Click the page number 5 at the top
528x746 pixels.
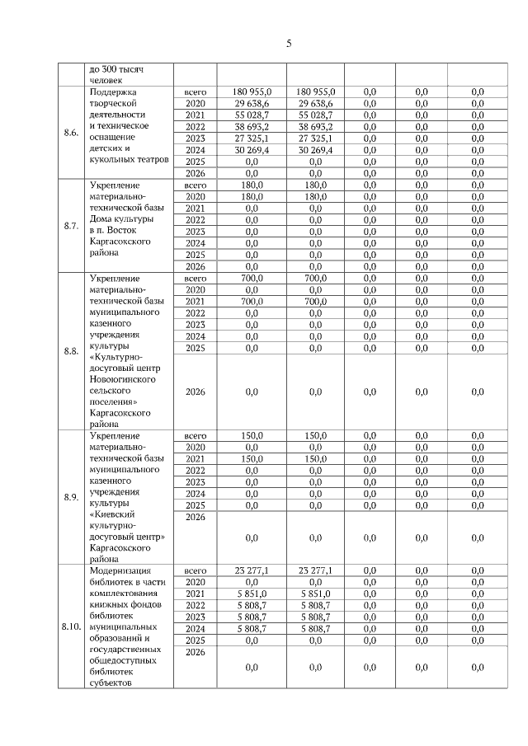(289, 44)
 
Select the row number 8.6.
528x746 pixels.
(71, 133)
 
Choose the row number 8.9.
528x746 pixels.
(71, 496)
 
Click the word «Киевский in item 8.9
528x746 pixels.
(113, 512)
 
